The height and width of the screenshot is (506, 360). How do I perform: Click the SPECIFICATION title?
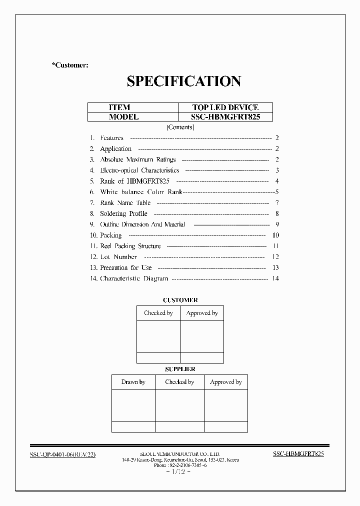(183, 81)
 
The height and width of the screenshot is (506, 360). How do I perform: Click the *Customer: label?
(70, 65)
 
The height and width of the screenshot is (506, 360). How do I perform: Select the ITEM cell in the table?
(119, 107)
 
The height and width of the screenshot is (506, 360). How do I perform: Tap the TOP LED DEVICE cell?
(225, 107)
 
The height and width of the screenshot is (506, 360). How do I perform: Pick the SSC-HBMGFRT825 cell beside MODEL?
(225, 117)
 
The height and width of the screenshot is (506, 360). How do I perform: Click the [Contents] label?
(180, 127)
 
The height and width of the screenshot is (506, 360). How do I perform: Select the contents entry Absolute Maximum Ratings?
(138, 159)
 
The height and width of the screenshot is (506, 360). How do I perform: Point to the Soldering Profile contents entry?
(123, 213)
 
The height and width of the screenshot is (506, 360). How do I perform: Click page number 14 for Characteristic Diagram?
(275, 278)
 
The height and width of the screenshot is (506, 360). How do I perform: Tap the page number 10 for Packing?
(275, 235)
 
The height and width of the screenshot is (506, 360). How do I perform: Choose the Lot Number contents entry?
(118, 256)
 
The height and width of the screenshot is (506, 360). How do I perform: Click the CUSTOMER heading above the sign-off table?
(180, 300)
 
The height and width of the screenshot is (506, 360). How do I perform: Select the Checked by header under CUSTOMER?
(158, 313)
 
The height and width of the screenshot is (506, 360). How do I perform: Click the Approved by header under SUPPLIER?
(225, 382)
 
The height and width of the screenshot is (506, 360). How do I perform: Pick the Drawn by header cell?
(133, 382)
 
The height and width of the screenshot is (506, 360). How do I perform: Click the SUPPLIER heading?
(180, 369)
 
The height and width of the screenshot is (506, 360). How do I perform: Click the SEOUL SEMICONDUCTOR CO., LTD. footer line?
(180, 453)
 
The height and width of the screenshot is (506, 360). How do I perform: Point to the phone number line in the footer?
(180, 465)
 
